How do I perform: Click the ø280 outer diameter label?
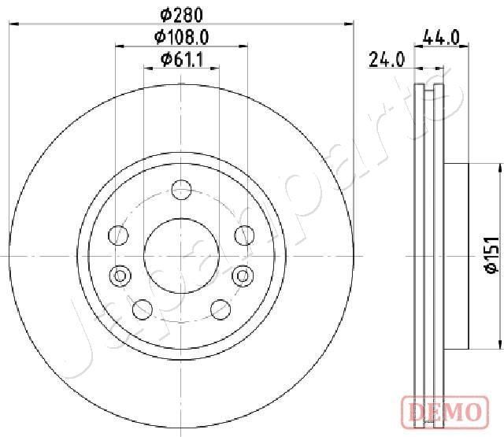(x=182, y=13)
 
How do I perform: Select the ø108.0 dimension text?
(x=182, y=36)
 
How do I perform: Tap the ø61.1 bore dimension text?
(x=182, y=58)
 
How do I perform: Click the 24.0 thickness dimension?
(x=387, y=58)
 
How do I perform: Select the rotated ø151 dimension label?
(x=489, y=255)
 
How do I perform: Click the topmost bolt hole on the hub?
(x=182, y=188)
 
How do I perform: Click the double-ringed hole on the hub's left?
(x=120, y=276)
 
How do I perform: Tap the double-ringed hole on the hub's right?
(x=243, y=276)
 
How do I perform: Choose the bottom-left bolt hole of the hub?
(x=143, y=309)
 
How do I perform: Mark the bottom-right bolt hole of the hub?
(x=220, y=309)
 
